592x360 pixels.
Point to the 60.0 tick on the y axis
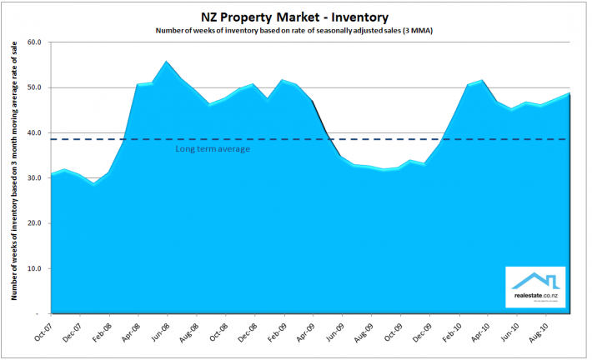[x=35, y=42]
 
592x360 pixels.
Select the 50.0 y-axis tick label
[x=35, y=87]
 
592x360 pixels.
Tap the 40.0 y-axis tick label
[x=35, y=132]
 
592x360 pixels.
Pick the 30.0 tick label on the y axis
[x=35, y=178]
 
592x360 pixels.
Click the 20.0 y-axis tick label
[x=35, y=223]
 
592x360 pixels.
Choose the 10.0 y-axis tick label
[x=35, y=269]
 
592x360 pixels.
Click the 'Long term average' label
[x=213, y=148]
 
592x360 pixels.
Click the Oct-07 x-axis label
[x=43, y=332]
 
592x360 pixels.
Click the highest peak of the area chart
[x=166, y=62]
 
